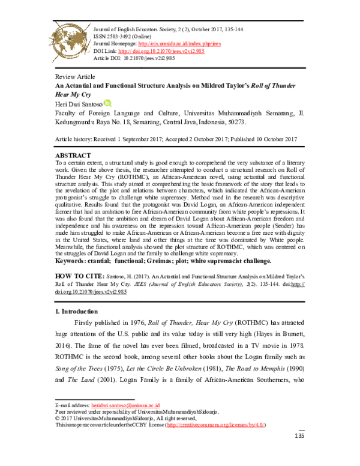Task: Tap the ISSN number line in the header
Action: point(118,35)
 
